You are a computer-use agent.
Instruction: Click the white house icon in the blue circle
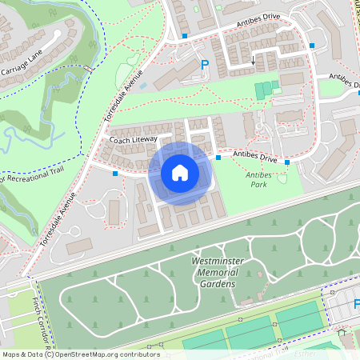180,172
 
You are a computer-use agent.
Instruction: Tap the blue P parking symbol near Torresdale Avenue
204,65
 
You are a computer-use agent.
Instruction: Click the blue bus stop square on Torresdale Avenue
115,173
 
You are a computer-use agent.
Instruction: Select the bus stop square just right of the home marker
218,158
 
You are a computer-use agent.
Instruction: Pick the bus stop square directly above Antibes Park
286,162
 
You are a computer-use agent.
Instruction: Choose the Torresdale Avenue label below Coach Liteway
56,218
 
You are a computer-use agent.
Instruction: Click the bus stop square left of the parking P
185,36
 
